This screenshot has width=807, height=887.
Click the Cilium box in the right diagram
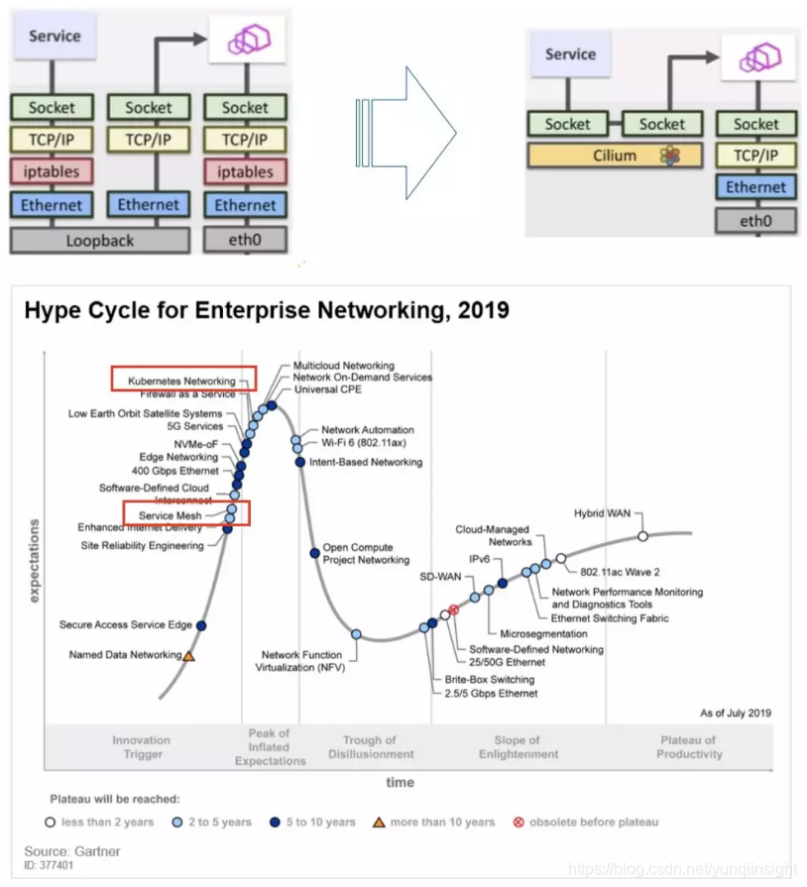click(616, 156)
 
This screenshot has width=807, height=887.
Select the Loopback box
click(99, 239)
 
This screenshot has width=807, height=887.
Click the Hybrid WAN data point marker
click(642, 535)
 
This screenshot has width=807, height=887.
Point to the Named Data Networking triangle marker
click(188, 655)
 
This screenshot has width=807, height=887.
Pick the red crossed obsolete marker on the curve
click(454, 610)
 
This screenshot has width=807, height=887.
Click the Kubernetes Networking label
click(183, 381)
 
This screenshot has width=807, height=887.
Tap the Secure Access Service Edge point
click(201, 625)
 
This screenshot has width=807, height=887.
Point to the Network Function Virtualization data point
click(356, 633)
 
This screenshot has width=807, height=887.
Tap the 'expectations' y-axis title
click(35, 560)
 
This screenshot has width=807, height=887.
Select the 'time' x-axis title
click(400, 782)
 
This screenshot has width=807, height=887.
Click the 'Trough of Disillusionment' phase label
click(369, 747)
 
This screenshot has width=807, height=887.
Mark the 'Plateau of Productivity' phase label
click(689, 747)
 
